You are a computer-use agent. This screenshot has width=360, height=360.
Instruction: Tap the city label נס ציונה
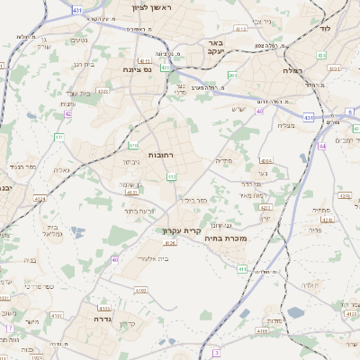pos(141,67)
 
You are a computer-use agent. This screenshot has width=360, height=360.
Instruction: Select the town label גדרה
pos(94,318)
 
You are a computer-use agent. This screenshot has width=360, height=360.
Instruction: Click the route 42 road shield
pos(68,113)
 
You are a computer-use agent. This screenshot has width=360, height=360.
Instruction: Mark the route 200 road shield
pos(232,76)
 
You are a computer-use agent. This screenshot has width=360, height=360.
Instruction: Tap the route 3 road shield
pos(216,353)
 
